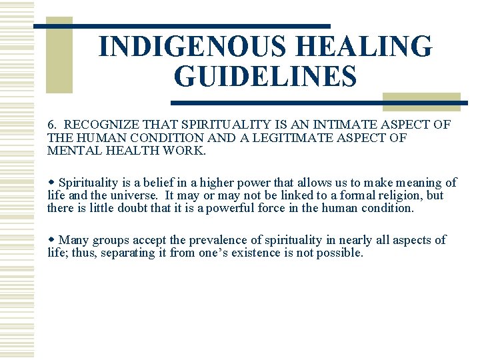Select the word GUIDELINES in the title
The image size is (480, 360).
[265, 77]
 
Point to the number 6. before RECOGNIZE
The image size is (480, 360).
[53, 125]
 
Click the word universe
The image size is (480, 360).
[139, 195]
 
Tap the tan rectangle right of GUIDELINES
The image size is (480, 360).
[421, 101]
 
